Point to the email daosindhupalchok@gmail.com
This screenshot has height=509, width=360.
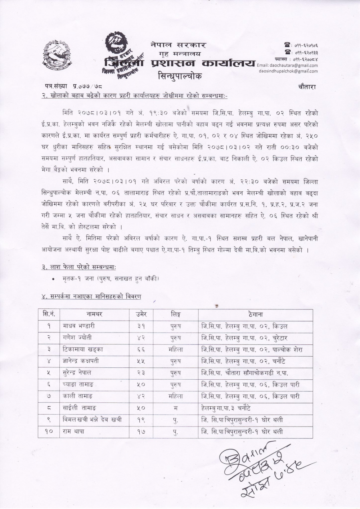pos(288,71)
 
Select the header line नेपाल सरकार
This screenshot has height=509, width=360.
pos(178,45)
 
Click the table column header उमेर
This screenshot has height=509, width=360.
pos(141,314)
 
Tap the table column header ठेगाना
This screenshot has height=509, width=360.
pos(255,314)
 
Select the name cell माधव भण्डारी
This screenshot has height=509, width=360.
pos(78,326)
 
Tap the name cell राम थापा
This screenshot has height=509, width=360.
pos(73,431)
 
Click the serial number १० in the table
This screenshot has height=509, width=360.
pos(49,431)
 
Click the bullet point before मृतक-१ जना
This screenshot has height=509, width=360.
pos(53,278)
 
